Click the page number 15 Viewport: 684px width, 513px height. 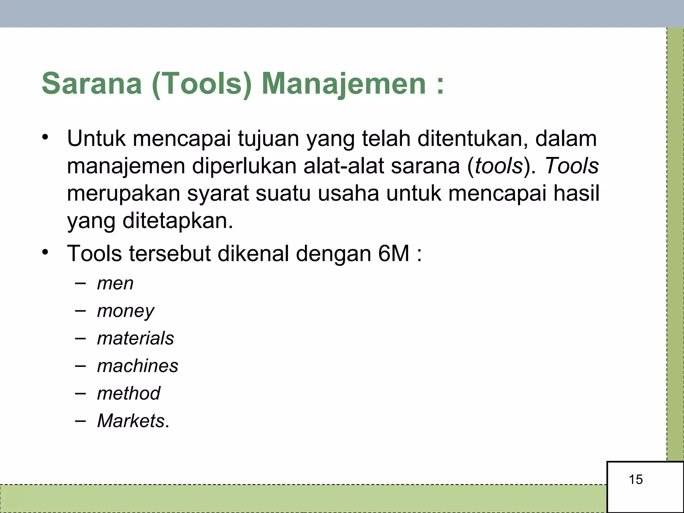(x=636, y=480)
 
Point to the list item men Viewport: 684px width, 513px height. (x=115, y=284)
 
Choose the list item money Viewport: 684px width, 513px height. (x=126, y=311)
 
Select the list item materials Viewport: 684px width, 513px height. (x=136, y=338)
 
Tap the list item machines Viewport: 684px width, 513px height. (x=138, y=366)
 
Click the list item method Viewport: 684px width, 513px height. (x=129, y=393)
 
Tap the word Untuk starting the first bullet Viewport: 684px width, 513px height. (x=97, y=139)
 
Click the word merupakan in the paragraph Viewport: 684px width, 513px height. (x=124, y=193)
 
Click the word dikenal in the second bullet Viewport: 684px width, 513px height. (x=253, y=254)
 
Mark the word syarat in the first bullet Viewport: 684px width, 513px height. (x=218, y=193)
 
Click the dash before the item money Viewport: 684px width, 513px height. (x=80, y=311)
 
